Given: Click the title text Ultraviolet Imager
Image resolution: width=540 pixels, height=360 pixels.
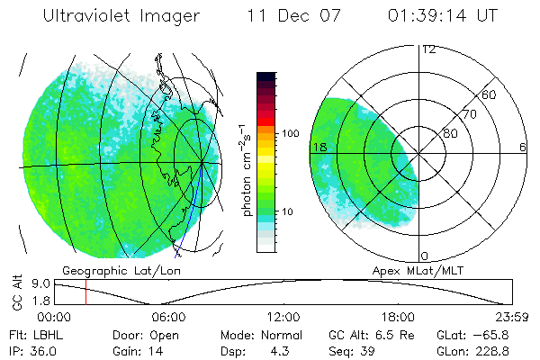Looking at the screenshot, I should click(125, 17).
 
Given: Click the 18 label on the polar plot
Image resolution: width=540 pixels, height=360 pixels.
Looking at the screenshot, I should click(319, 147).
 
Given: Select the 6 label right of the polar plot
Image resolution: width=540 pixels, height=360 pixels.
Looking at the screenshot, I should click(522, 147).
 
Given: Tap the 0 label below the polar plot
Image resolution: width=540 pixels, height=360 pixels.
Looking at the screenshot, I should click(426, 256).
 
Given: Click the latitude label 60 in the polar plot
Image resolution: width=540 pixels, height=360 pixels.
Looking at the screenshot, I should click(490, 94).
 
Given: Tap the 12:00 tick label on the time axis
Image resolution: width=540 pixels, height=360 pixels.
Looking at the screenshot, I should click(283, 317).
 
